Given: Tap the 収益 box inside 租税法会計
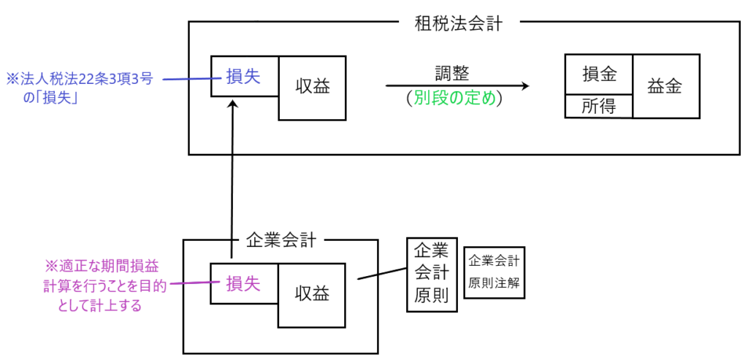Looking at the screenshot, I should pos(313,86).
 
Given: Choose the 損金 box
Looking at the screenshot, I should pos(599,74).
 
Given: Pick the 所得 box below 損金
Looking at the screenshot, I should pos(599,107).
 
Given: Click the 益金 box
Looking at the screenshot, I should pos(665,86).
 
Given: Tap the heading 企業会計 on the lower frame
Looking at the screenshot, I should pos(280,239).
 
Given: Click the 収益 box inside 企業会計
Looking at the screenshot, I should pos(313,294).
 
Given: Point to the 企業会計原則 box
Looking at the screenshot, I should pos(431,274).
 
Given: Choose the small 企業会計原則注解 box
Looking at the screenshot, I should pos(495,272).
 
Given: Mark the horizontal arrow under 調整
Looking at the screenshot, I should pos(457,85).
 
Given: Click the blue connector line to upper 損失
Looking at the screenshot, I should pos(186,79).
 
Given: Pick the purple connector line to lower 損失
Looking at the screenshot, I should pos(189,284).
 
